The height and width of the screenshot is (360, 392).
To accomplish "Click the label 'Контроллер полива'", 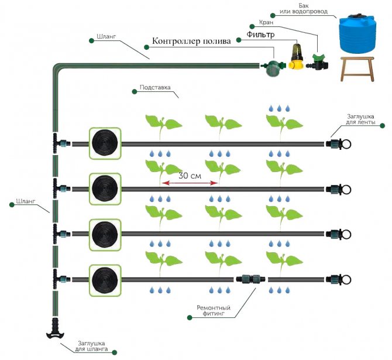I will pos(191,41).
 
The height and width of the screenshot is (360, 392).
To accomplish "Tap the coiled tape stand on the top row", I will pos(105,143).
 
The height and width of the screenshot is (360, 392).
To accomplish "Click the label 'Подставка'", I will pos(155,88).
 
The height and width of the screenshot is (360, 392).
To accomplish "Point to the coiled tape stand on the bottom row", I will pos(105,279).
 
